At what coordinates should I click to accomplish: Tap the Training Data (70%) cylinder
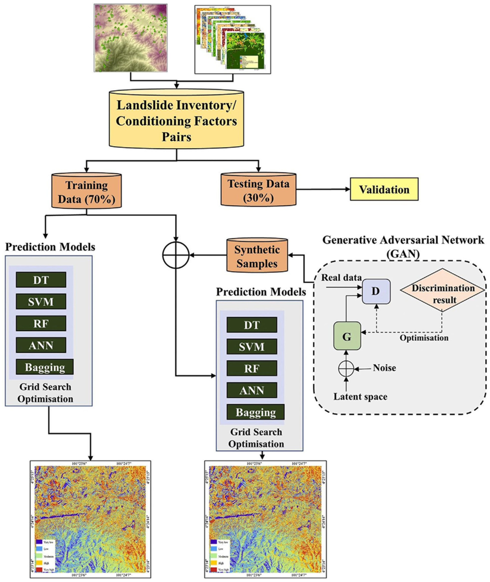click(x=86, y=192)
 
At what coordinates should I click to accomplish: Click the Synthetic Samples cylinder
click(x=257, y=256)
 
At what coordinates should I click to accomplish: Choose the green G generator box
click(x=347, y=336)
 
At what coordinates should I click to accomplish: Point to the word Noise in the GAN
click(x=384, y=368)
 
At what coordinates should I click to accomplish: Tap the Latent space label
click(x=360, y=396)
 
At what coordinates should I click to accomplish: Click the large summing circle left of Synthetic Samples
click(x=175, y=255)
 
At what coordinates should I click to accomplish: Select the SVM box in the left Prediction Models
click(x=41, y=301)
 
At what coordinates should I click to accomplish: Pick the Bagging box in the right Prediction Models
click(x=255, y=412)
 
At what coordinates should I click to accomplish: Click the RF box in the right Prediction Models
click(x=252, y=369)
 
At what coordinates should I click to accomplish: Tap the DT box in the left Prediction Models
click(x=41, y=280)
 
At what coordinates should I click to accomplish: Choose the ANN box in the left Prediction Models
click(x=41, y=345)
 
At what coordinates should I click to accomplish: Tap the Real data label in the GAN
click(x=341, y=278)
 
